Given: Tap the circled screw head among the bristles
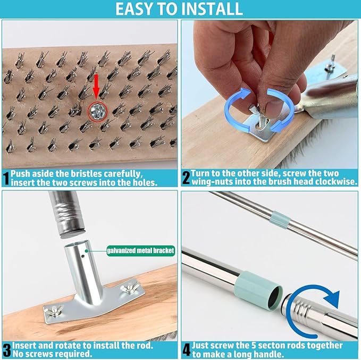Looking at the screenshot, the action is click(x=98, y=112).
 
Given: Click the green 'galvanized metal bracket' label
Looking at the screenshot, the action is click(x=140, y=250).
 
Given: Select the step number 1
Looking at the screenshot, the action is click(x=6, y=178).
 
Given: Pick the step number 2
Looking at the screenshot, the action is click(x=186, y=178).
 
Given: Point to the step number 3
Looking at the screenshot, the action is click(x=7, y=350).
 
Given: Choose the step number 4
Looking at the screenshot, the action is click(x=187, y=350).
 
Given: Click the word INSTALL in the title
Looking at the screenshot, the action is click(x=212, y=9).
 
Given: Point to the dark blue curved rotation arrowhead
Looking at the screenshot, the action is click(x=332, y=299).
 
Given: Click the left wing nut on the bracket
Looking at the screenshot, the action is click(x=54, y=310).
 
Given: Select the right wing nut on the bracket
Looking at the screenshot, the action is click(x=129, y=286).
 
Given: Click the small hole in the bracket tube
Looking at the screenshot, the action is click(x=82, y=256).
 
